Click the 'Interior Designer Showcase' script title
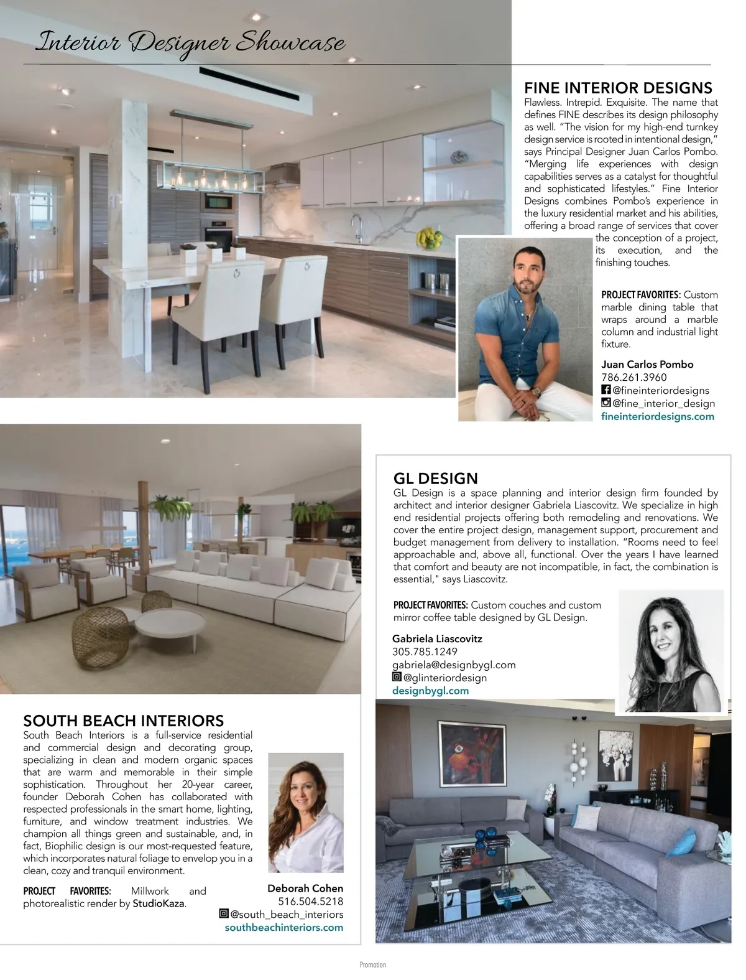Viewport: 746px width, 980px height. coord(190,42)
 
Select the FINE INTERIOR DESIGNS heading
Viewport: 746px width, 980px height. coord(618,88)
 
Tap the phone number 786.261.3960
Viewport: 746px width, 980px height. coord(633,378)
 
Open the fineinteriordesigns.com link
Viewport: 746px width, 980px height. coord(657,416)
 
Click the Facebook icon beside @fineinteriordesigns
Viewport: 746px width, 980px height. coord(606,390)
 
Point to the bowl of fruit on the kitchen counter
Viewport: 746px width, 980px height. coord(428,237)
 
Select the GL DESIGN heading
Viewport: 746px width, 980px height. coord(435,478)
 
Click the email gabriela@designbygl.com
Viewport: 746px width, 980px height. coord(454,665)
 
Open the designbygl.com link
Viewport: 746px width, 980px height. coord(430,691)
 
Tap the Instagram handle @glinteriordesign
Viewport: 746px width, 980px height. coord(444,678)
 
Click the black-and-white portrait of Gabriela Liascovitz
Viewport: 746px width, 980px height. coord(671,650)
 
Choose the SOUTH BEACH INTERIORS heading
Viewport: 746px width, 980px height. coord(123,721)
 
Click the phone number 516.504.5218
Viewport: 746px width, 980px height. coord(310,902)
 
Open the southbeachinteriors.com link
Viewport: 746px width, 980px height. coord(283,927)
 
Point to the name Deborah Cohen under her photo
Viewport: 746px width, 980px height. coord(305,889)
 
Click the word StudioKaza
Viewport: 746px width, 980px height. coord(159,903)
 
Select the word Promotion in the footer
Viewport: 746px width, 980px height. coord(372,965)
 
